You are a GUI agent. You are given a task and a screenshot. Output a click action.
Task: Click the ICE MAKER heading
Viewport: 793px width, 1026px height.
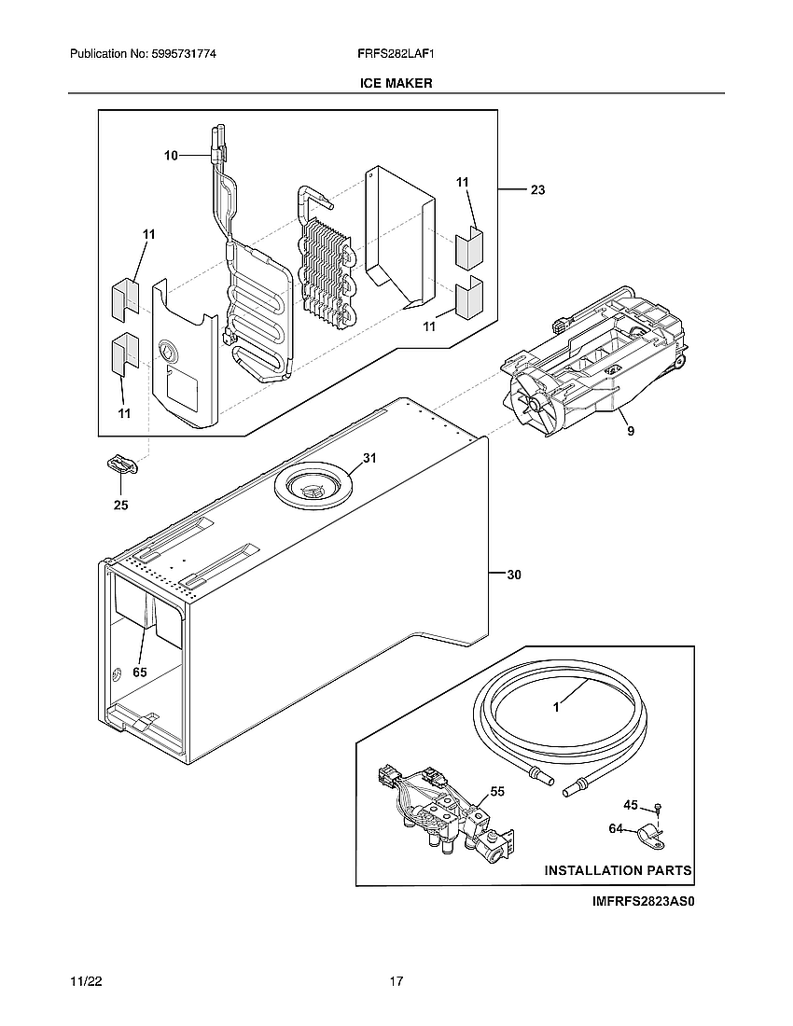pos(396,83)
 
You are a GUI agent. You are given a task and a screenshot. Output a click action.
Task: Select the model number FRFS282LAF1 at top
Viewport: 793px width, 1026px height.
pos(396,55)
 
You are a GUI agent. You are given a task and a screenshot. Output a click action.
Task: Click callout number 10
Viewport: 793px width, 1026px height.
pos(171,156)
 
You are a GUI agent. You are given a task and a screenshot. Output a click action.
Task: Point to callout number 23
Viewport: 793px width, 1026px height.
pos(538,189)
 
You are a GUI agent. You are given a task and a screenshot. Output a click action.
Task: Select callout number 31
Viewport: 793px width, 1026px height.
pos(369,458)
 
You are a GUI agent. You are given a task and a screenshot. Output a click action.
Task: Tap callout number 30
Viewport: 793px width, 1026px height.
pos(513,575)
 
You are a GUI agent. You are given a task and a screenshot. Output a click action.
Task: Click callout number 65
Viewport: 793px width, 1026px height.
pos(141,672)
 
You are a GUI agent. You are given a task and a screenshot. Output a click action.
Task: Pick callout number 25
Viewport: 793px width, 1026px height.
pos(121,506)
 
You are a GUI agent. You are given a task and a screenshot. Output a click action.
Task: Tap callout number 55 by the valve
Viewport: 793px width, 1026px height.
pos(497,791)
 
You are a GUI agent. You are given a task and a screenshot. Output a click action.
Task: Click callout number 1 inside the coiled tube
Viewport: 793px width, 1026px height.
pos(556,707)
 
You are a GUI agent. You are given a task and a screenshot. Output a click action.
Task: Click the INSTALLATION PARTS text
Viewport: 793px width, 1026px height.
pos(618,870)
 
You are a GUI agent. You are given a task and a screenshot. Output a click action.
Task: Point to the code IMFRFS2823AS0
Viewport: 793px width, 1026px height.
pos(644,902)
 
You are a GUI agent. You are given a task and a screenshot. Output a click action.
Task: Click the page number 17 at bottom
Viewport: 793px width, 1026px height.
pos(396,981)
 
